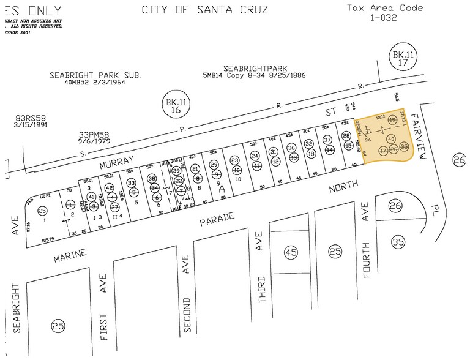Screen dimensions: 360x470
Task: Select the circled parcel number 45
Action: (x=291, y=252)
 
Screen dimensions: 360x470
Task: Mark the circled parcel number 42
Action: (x=110, y=188)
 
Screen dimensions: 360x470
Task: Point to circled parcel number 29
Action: (x=214, y=165)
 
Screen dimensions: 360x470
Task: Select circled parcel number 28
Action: (x=346, y=136)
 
